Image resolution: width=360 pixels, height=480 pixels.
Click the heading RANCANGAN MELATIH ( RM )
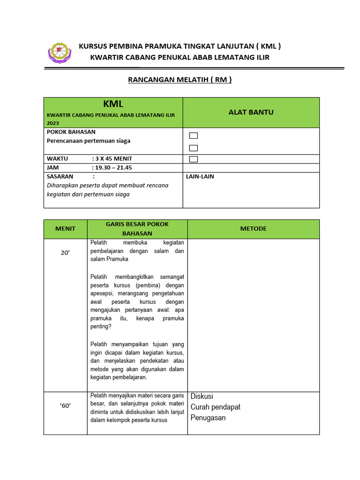[x=180, y=80]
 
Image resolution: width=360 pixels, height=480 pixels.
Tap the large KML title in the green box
[x=113, y=104]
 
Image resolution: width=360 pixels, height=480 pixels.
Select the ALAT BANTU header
[x=251, y=112]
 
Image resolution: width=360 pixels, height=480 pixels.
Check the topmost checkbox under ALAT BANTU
[x=194, y=136]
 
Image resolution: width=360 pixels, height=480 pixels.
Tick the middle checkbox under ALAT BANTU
[x=194, y=148]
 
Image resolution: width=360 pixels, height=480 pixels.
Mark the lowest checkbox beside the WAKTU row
[x=194, y=159]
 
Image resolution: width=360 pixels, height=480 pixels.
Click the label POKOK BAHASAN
[x=71, y=132]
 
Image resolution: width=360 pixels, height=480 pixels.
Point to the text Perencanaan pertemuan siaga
[x=89, y=141]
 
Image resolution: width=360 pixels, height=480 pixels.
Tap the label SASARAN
[x=60, y=176]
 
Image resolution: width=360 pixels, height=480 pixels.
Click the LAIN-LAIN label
[x=200, y=176]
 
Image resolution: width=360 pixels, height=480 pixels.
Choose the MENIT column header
[x=65, y=229]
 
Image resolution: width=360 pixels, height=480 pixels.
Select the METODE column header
[x=253, y=229]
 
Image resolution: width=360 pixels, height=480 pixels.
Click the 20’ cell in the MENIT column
[x=65, y=253]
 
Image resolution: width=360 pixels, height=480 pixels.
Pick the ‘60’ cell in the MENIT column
[x=65, y=406]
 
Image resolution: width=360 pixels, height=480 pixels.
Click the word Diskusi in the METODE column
[x=202, y=397]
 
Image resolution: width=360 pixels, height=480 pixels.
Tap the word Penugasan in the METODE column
[x=208, y=418]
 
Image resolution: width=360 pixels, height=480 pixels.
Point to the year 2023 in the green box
[x=53, y=123]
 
